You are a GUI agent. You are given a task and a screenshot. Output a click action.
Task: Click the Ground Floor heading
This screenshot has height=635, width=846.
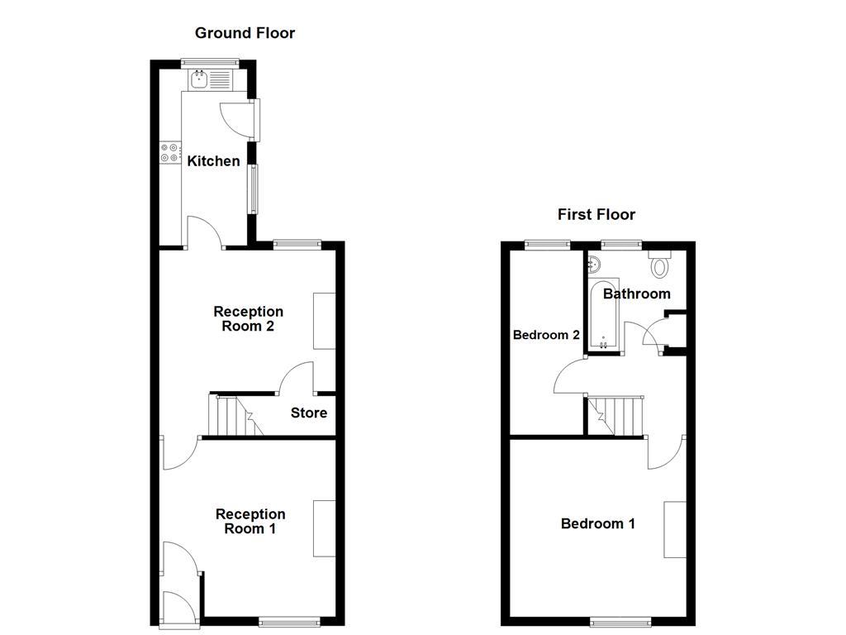click(x=245, y=33)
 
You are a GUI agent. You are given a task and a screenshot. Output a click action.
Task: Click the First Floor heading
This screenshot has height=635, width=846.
click(x=596, y=215)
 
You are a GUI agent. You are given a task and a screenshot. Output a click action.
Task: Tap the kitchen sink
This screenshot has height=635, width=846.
click(x=199, y=80)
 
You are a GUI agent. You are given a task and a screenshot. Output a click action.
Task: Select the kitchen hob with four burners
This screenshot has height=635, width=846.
click(x=169, y=152)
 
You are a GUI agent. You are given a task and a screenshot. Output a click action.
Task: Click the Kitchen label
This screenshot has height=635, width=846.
click(x=213, y=161)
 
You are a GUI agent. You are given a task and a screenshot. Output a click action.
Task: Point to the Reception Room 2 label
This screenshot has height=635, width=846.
click(x=249, y=318)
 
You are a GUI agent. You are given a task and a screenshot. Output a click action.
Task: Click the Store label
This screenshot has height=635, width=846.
click(x=309, y=413)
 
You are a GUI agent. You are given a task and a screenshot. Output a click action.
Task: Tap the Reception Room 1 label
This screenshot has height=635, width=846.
click(x=250, y=521)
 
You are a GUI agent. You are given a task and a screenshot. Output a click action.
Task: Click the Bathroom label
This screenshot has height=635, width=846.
click(x=636, y=294)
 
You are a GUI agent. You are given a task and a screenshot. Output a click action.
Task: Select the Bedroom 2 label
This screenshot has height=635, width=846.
click(x=546, y=335)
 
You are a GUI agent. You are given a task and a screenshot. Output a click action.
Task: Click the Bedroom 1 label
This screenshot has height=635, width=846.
click(x=598, y=523)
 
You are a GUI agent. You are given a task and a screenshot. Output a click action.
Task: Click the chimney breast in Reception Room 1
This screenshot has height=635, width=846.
click(x=324, y=528)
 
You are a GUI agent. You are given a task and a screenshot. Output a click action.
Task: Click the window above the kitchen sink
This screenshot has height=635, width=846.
click(x=210, y=61)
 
